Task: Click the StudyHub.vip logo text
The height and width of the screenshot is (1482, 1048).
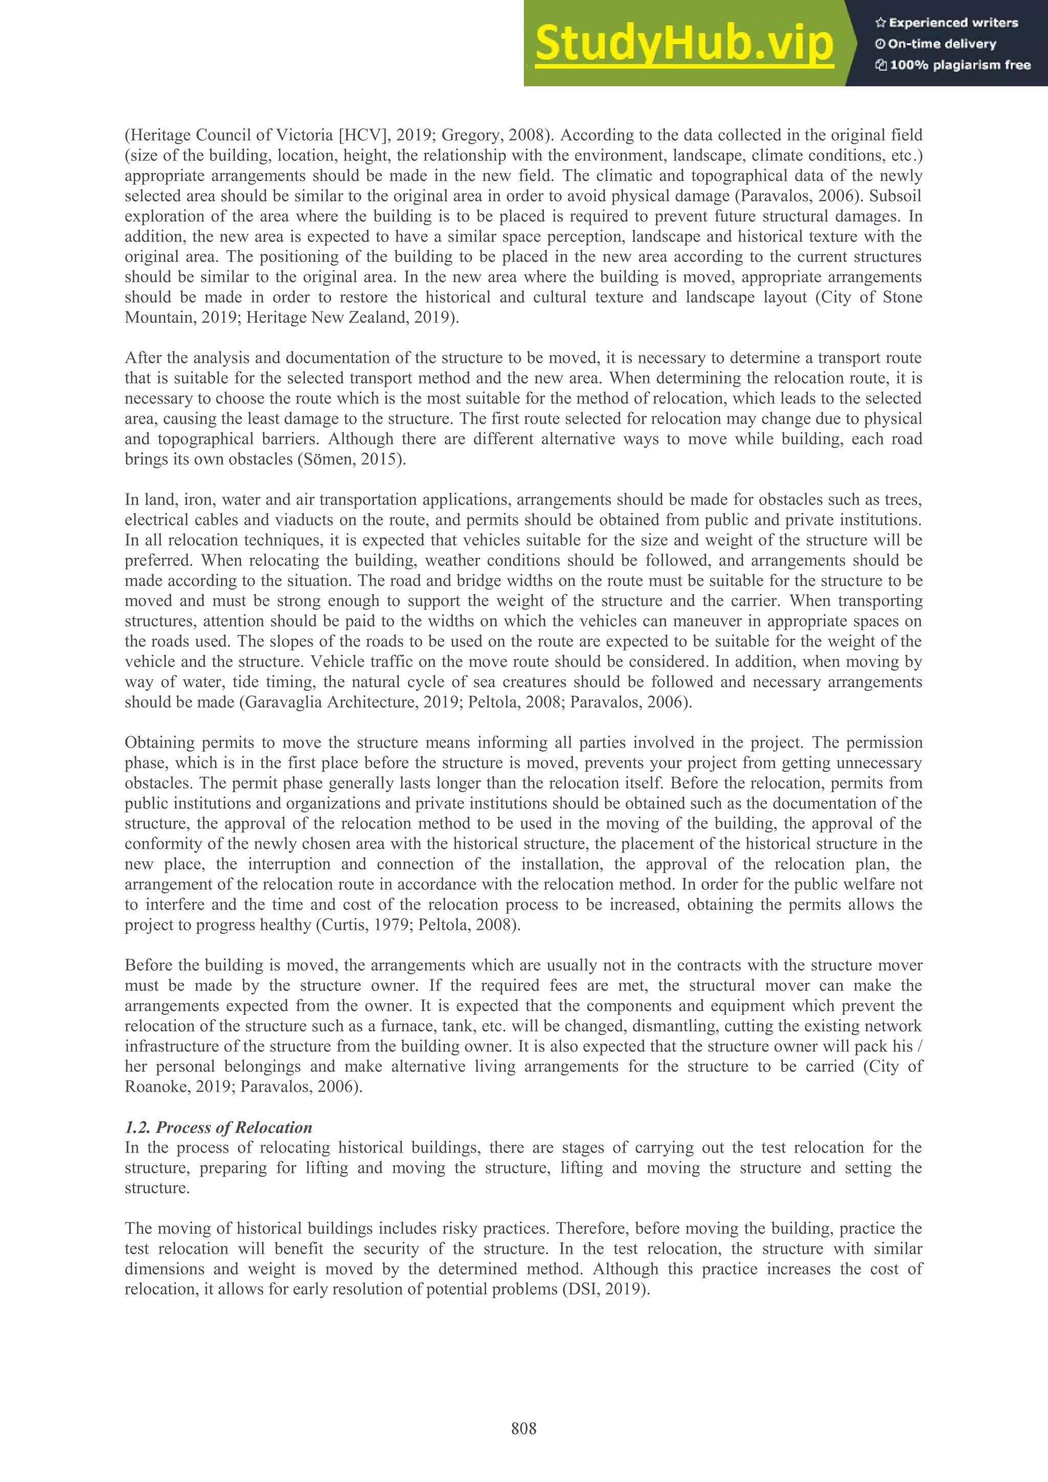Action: click(684, 44)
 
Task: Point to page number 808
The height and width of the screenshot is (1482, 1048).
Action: click(523, 1428)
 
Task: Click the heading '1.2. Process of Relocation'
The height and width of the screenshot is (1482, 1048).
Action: click(218, 1127)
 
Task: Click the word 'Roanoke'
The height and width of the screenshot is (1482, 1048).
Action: click(156, 1087)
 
